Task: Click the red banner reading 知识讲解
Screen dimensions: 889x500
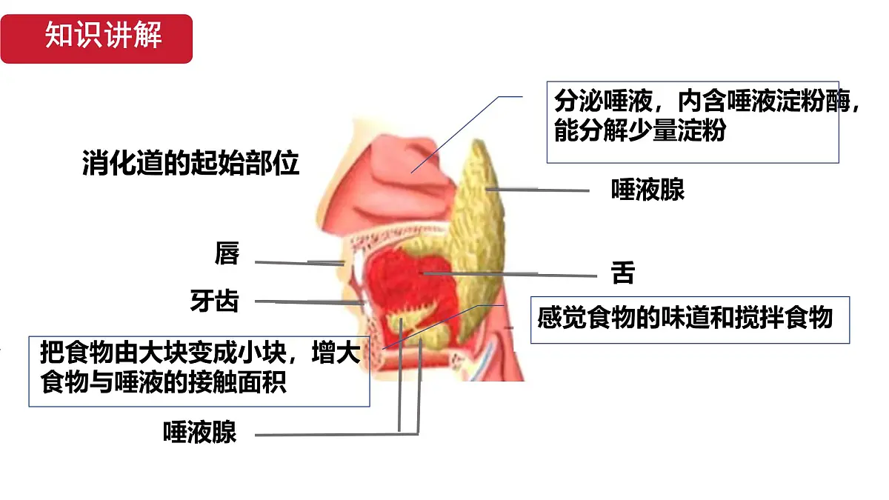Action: (96, 39)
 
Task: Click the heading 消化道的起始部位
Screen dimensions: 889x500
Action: (190, 163)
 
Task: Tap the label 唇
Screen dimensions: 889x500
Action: (227, 253)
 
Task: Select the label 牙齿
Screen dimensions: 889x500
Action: (215, 301)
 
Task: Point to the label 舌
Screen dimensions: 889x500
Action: (623, 273)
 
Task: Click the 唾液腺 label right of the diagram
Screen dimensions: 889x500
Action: (647, 190)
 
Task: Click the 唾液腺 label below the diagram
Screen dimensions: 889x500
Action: (199, 432)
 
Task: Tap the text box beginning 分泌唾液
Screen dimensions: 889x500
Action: (693, 122)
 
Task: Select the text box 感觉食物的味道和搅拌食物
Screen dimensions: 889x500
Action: (690, 320)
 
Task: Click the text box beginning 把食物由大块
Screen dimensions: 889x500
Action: (199, 371)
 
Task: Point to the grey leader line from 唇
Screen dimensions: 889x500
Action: (299, 263)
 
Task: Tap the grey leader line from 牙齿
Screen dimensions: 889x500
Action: (309, 302)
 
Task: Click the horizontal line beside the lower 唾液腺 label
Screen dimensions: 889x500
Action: (336, 435)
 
